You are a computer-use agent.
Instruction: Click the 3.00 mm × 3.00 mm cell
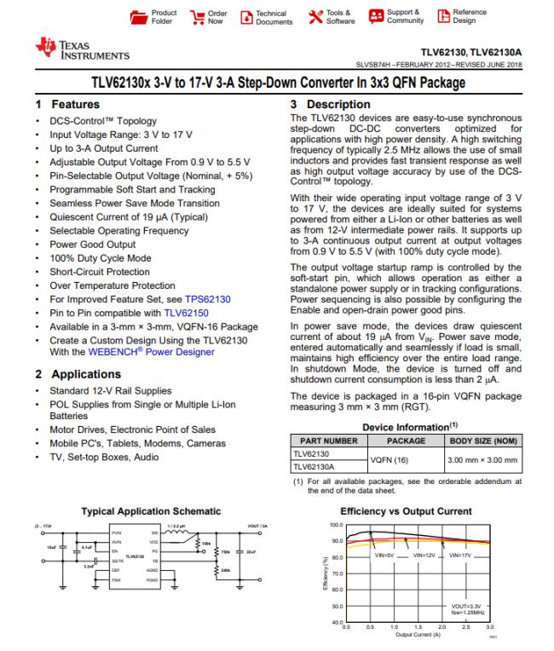tap(483, 461)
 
